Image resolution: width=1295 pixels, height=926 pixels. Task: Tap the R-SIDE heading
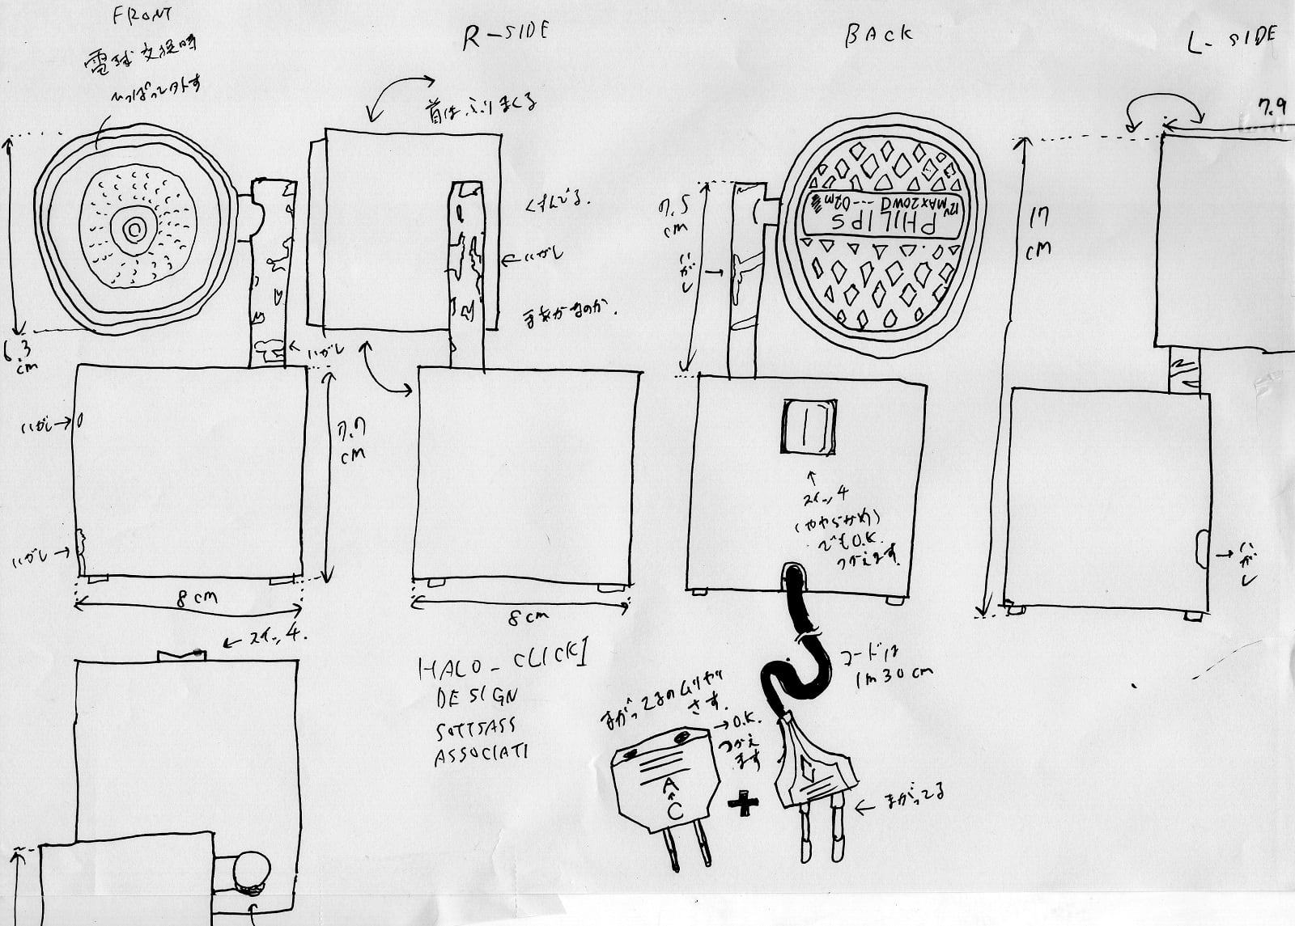pos(505,35)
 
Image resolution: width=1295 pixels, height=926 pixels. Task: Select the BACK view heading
pos(878,35)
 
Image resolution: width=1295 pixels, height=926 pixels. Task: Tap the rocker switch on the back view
pos(807,426)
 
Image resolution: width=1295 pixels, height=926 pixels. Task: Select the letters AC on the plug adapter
pos(672,797)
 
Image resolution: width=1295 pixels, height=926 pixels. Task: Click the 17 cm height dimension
pos(1038,235)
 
